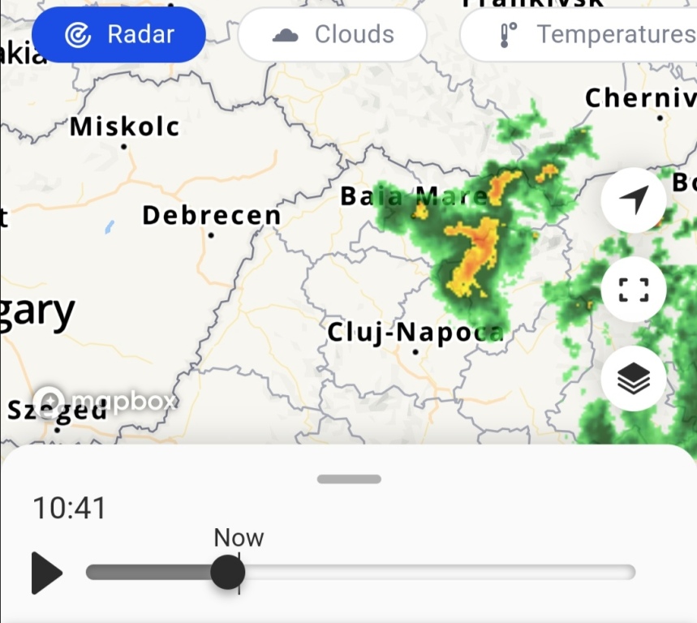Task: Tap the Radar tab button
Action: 118,35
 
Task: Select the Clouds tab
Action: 333,35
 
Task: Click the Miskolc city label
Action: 125,127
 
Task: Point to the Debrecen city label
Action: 212,216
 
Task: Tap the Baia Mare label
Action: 414,196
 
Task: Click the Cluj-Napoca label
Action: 415,333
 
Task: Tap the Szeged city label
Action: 57,410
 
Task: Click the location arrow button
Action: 634,200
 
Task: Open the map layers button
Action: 634,378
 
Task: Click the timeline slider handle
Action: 227,573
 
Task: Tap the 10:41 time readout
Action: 70,509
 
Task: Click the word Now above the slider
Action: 239,538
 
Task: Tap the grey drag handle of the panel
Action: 349,479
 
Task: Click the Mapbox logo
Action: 105,400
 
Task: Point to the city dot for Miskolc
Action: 124,147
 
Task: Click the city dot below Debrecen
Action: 211,235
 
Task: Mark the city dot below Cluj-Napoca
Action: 415,352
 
